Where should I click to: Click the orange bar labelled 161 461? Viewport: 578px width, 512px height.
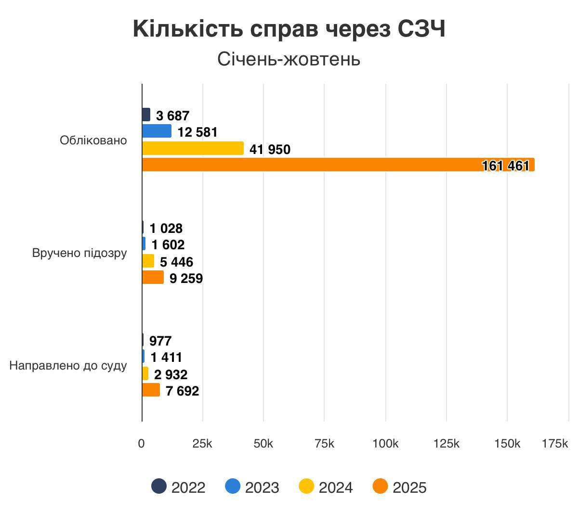click(x=337, y=165)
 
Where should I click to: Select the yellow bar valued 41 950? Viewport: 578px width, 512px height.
click(x=193, y=149)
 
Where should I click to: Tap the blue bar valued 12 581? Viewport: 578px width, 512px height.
click(x=157, y=131)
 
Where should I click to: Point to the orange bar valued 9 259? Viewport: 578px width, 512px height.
click(x=153, y=278)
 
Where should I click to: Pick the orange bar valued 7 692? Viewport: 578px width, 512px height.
click(x=151, y=390)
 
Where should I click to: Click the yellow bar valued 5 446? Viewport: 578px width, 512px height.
click(x=148, y=261)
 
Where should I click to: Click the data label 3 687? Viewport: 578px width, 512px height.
click(x=172, y=116)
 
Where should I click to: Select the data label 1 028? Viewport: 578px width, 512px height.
click(x=166, y=229)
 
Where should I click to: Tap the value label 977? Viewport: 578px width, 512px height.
click(x=160, y=341)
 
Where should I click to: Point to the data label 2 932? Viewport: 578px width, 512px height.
click(x=171, y=374)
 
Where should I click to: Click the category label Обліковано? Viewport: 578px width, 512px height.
click(x=93, y=141)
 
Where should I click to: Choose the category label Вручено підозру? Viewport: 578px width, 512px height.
click(x=79, y=253)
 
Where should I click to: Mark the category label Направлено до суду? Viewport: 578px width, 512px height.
click(x=68, y=366)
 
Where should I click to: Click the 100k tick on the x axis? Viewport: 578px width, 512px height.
click(x=385, y=444)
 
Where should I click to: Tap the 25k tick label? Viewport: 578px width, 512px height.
click(x=202, y=444)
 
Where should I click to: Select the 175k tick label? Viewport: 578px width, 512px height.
click(x=555, y=444)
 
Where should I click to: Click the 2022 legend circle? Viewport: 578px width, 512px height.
click(x=159, y=486)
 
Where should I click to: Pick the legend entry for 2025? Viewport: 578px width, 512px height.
click(x=400, y=487)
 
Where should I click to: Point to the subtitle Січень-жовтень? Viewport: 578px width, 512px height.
click(x=289, y=59)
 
